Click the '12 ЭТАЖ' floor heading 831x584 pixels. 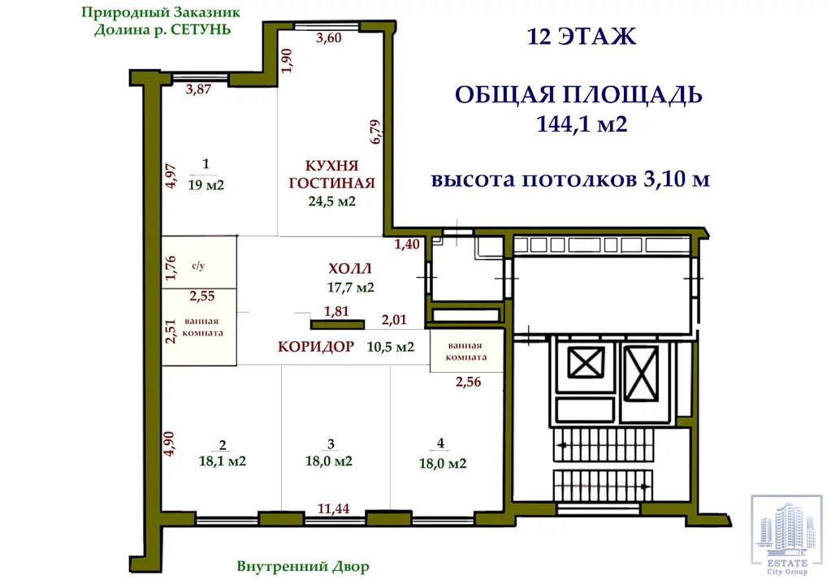tap(582, 37)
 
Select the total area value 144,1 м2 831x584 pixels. tap(582, 124)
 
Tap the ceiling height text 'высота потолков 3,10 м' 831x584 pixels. tap(570, 180)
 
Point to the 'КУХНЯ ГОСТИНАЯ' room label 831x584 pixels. tap(331, 175)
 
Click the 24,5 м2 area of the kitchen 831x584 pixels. tap(331, 201)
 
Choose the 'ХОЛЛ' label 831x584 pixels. tap(350, 269)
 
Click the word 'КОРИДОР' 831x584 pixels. tap(316, 347)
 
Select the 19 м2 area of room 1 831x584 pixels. tap(206, 185)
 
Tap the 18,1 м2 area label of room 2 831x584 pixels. tap(222, 461)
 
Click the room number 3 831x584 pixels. tap(331, 443)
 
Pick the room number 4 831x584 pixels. tap(440, 443)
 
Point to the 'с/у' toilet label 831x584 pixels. tap(198, 266)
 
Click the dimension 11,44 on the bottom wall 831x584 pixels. tap(333, 508)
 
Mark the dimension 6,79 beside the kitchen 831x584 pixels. tap(375, 132)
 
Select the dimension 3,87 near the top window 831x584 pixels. tap(199, 89)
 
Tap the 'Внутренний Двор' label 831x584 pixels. tap(303, 566)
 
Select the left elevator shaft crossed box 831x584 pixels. tap(586, 362)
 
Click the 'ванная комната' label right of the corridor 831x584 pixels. tap(466, 352)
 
